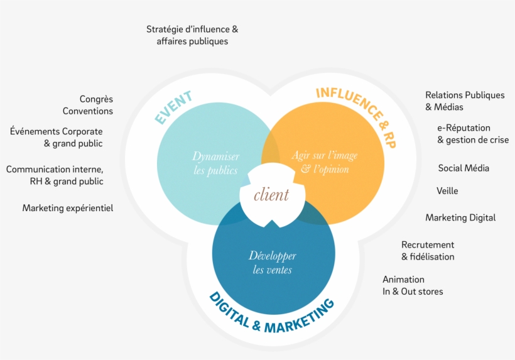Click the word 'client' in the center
[x=271, y=195]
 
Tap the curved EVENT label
[x=173, y=107]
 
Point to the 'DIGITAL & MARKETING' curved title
[x=272, y=314]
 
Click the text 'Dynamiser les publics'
[x=215, y=163]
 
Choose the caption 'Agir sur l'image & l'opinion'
[x=325, y=162]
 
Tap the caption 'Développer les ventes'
[x=273, y=263]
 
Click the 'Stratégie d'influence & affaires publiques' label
[x=192, y=35]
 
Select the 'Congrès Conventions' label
[x=88, y=105]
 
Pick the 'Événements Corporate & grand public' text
[x=56, y=138]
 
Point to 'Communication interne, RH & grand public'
[x=55, y=175]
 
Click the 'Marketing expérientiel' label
[x=68, y=208]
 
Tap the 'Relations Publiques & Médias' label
[x=465, y=101]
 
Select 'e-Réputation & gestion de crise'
[x=473, y=134]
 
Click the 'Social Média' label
[x=463, y=168]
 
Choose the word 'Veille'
[x=447, y=191]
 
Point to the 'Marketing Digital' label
[x=460, y=217]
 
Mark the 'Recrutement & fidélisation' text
[x=428, y=251]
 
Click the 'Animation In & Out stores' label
[x=413, y=285]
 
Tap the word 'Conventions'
[x=88, y=111]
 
